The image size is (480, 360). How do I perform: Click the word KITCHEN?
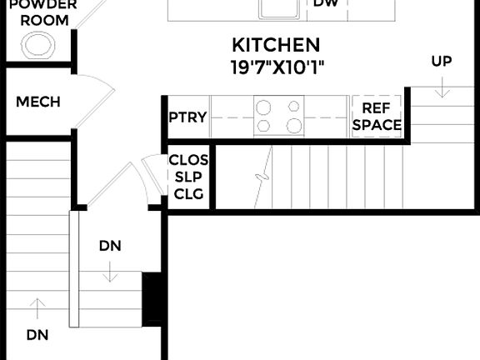(x=276, y=45)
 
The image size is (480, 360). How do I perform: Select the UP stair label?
(x=442, y=61)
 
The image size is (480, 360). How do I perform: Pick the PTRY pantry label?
(x=187, y=117)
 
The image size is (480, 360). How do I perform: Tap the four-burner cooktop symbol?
(x=279, y=116)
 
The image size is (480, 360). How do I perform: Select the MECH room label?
(x=38, y=102)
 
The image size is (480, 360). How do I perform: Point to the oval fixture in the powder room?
(x=37, y=44)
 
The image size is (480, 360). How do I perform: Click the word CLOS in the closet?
(x=188, y=159)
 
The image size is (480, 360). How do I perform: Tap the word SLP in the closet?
(x=188, y=177)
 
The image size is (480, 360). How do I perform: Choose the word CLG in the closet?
(x=188, y=195)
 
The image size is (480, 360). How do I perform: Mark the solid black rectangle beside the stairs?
(x=152, y=298)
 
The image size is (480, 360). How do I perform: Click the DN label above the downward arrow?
(x=111, y=246)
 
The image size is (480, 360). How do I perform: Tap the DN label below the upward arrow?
(x=37, y=335)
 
